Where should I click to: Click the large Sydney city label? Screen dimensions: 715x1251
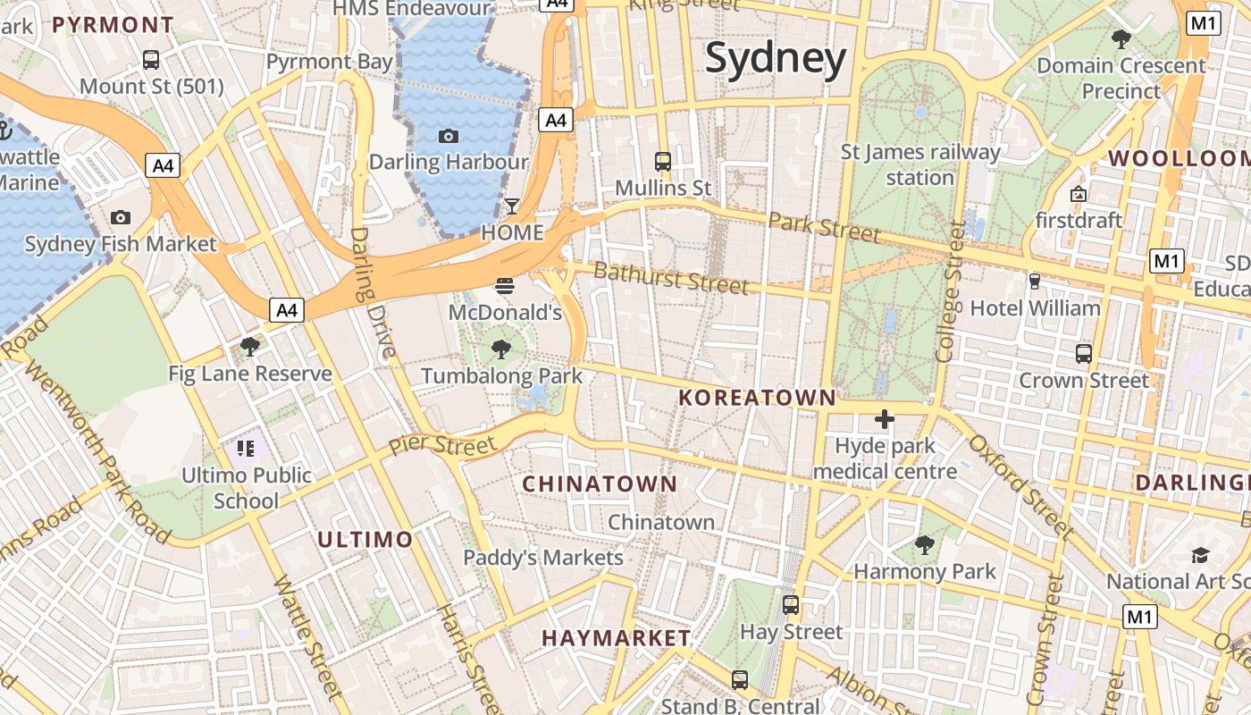coord(775,59)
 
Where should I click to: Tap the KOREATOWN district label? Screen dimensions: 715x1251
coord(757,398)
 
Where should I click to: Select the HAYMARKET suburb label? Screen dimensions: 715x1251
coord(616,638)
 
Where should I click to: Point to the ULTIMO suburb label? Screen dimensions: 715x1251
coord(365,539)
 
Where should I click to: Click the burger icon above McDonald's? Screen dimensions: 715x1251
coord(505,287)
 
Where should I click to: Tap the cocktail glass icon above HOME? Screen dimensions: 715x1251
coord(511,206)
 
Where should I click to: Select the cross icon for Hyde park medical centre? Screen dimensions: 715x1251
coord(885,419)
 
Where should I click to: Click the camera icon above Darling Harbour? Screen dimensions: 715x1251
coord(449,136)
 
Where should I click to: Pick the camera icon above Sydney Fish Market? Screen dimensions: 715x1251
coord(120,217)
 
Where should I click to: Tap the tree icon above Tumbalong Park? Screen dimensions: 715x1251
coord(501,349)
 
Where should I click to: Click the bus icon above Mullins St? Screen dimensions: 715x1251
coord(662,162)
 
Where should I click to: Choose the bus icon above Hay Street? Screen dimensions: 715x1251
coord(791,605)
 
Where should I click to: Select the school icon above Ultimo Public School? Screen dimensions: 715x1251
coord(246,448)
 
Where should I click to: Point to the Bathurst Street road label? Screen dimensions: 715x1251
coord(670,278)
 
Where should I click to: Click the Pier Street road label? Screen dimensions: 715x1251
coord(442,445)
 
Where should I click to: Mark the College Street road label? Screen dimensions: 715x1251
coord(951,292)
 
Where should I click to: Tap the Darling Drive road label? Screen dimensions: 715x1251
coord(373,292)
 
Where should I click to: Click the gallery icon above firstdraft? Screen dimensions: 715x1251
coord(1079,194)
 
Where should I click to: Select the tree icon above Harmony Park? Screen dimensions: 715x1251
coord(924,544)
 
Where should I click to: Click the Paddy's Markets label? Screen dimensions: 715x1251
coord(542,558)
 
